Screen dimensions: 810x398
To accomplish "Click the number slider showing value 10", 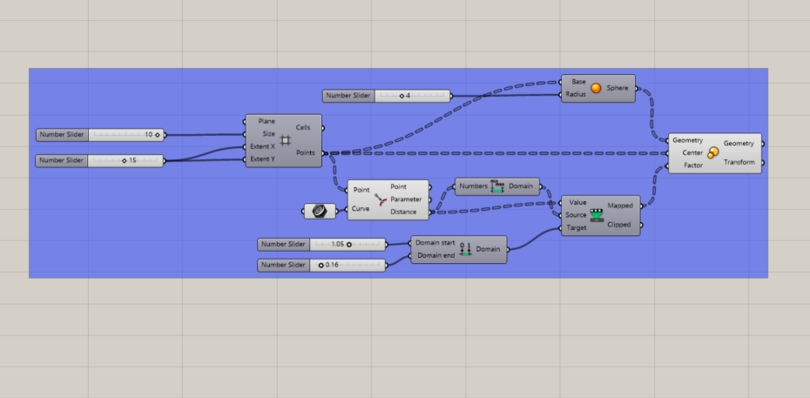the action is [x=99, y=135].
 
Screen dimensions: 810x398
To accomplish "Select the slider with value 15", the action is [x=99, y=160].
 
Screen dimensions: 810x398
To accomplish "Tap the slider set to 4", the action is [x=386, y=96].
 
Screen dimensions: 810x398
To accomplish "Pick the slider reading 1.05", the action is [x=321, y=244].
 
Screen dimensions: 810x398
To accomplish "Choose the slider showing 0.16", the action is [x=321, y=266].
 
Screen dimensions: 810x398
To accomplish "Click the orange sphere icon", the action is [x=596, y=88].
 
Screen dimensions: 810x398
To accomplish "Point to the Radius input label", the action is [x=576, y=94].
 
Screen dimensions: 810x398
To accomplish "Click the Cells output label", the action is [x=303, y=127].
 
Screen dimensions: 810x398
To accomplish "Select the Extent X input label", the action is [x=263, y=146].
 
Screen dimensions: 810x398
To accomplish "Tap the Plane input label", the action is [x=267, y=121].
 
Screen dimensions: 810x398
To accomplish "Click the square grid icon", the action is [x=285, y=140].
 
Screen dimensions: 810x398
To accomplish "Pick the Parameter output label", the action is [x=406, y=199].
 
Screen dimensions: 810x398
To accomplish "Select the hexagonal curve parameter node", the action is [x=320, y=211].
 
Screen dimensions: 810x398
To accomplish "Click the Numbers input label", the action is [x=473, y=186].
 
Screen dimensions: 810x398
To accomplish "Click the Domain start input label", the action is [x=435, y=243].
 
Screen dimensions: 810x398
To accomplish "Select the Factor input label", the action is [x=693, y=165].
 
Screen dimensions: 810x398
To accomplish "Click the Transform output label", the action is [x=739, y=162].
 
